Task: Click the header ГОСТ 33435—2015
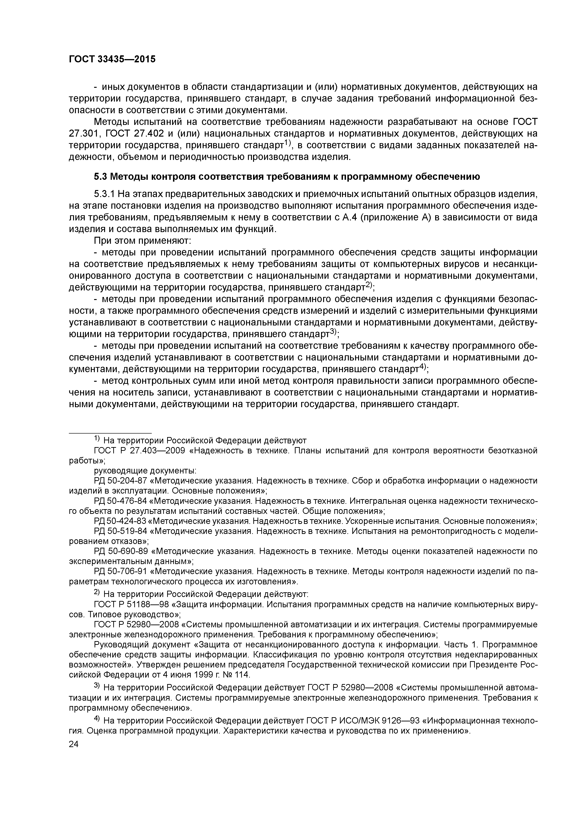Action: [x=112, y=59]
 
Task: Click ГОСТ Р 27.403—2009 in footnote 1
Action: [x=139, y=451]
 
